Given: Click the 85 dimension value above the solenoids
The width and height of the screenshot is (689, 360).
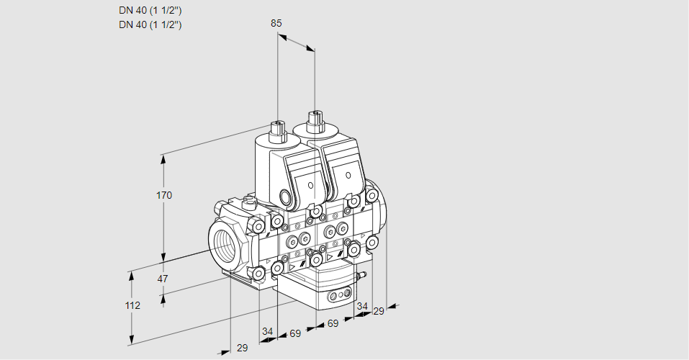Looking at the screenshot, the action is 276,23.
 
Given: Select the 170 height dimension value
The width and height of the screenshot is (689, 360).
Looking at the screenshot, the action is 164,195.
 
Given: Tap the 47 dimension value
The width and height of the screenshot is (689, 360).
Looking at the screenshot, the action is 163,279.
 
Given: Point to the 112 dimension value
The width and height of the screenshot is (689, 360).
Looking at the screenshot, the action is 132,305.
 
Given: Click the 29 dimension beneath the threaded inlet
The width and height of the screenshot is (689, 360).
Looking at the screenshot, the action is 242,348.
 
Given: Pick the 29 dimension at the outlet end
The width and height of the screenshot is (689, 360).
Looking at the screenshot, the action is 378,311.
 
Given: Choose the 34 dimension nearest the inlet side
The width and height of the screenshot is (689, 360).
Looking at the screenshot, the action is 267,331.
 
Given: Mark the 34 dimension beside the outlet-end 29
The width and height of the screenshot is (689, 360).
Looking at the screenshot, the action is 361,306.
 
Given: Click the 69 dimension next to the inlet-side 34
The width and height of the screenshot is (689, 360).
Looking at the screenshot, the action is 295,333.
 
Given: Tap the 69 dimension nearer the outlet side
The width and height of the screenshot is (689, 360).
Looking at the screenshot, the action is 333,323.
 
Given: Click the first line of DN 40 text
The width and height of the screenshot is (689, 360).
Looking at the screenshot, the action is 150,10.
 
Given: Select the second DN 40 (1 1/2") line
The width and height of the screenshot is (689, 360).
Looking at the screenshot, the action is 150,24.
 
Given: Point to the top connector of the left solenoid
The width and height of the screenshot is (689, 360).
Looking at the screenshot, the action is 277,131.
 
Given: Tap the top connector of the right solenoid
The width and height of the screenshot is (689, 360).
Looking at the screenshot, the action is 315,122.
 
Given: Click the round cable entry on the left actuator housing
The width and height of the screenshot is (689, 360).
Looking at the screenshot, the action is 287,196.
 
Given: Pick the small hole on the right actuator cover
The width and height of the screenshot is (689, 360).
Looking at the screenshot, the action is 348,176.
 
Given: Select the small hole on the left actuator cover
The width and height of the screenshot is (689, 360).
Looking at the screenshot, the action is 311,185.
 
